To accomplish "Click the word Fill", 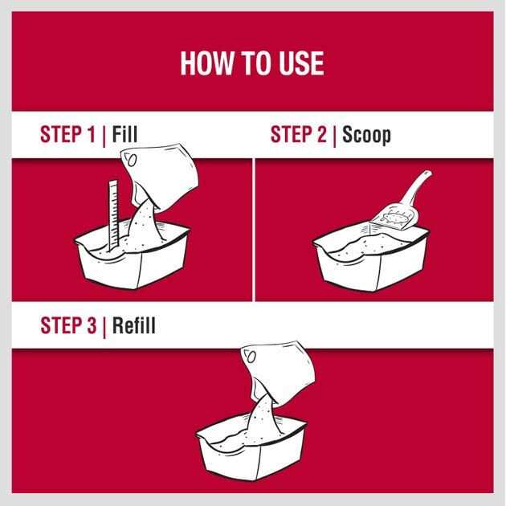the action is point(124,134).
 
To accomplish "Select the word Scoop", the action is point(366,135).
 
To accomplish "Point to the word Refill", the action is point(133,324).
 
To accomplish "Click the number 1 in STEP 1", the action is point(91,134).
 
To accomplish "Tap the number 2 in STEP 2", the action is point(322,134).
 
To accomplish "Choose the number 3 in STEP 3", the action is point(92,325).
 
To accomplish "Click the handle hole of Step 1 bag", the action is point(132,159).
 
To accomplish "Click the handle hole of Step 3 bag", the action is point(251,357).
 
